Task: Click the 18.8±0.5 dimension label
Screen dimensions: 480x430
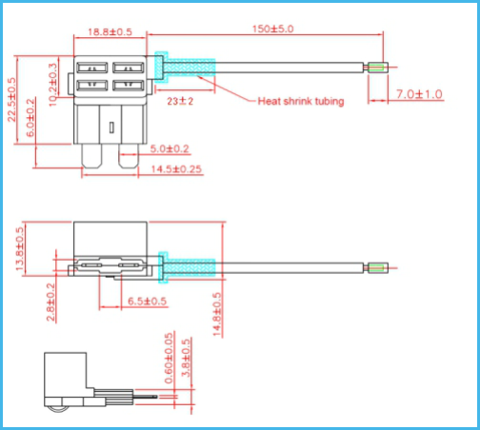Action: [110, 32]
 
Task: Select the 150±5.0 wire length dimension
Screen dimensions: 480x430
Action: [273, 29]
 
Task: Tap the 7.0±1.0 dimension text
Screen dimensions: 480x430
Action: [419, 94]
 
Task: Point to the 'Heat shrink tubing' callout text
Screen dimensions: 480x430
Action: [301, 101]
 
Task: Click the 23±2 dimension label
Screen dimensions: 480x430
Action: [180, 101]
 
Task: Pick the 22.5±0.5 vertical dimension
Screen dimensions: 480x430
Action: [11, 100]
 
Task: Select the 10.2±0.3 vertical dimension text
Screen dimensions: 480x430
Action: [53, 85]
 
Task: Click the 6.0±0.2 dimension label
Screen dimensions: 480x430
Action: [30, 118]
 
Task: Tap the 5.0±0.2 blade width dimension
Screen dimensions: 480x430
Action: [170, 148]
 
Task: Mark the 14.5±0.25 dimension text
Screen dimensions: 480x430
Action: [176, 169]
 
